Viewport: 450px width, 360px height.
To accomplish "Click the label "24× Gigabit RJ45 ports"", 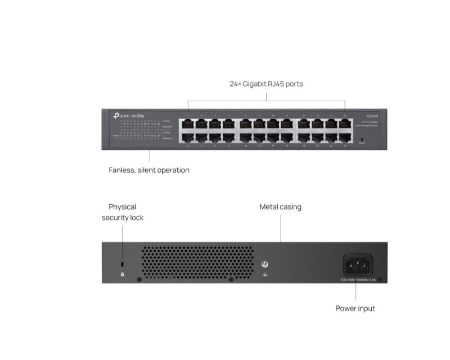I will click(x=266, y=84).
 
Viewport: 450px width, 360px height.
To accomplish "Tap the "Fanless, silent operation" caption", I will click(x=149, y=170).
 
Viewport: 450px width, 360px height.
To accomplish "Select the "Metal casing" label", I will click(x=280, y=207).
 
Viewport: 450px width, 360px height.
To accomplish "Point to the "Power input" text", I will click(x=355, y=308).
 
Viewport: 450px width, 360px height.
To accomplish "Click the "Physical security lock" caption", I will click(x=123, y=212).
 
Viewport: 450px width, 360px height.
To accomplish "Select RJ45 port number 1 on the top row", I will click(x=188, y=123).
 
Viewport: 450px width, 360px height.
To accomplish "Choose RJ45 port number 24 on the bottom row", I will click(x=344, y=137).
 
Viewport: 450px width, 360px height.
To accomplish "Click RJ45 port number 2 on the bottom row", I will click(x=188, y=137).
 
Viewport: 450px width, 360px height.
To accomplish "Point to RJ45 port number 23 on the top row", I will click(x=344, y=123).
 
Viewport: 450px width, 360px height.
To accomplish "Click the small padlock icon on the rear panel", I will click(x=123, y=274).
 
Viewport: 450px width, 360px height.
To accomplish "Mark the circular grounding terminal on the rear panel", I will click(x=265, y=264).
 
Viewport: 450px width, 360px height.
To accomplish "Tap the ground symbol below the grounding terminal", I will click(x=265, y=274).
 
